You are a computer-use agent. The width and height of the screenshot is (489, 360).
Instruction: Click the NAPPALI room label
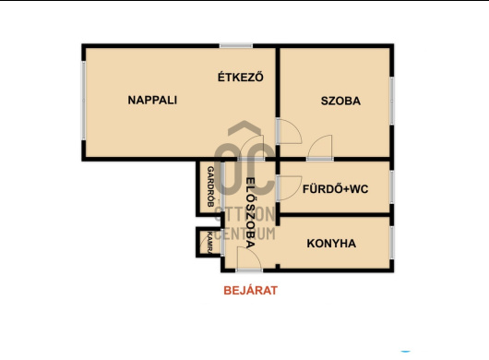[152, 101]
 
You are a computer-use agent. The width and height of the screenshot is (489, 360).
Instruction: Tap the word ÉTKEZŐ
[240, 78]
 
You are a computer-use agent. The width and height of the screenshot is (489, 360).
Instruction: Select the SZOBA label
[340, 101]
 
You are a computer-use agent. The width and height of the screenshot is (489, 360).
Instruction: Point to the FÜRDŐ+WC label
[336, 188]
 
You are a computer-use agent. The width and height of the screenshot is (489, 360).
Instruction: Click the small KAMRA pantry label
[209, 242]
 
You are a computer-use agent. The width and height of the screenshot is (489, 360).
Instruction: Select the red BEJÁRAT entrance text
[250, 290]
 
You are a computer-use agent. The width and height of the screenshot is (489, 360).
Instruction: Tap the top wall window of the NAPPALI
[236, 45]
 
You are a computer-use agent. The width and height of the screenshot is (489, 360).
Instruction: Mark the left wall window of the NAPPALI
[83, 102]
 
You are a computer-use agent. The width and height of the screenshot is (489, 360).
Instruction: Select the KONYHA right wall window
[391, 242]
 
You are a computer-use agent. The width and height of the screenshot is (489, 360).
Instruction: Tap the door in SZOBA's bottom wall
[320, 148]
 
